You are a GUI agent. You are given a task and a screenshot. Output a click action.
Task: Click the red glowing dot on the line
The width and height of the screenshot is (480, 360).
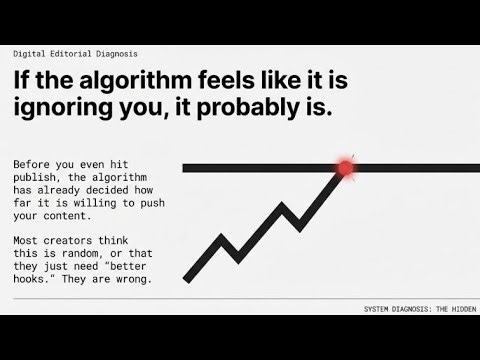(x=346, y=168)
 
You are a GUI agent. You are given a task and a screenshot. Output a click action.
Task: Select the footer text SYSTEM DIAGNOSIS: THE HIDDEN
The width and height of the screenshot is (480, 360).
(x=419, y=309)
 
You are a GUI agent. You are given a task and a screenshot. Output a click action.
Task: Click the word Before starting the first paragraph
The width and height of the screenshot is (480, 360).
(x=33, y=164)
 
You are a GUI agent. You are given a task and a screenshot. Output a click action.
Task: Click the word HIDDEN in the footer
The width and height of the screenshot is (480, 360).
(x=459, y=309)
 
